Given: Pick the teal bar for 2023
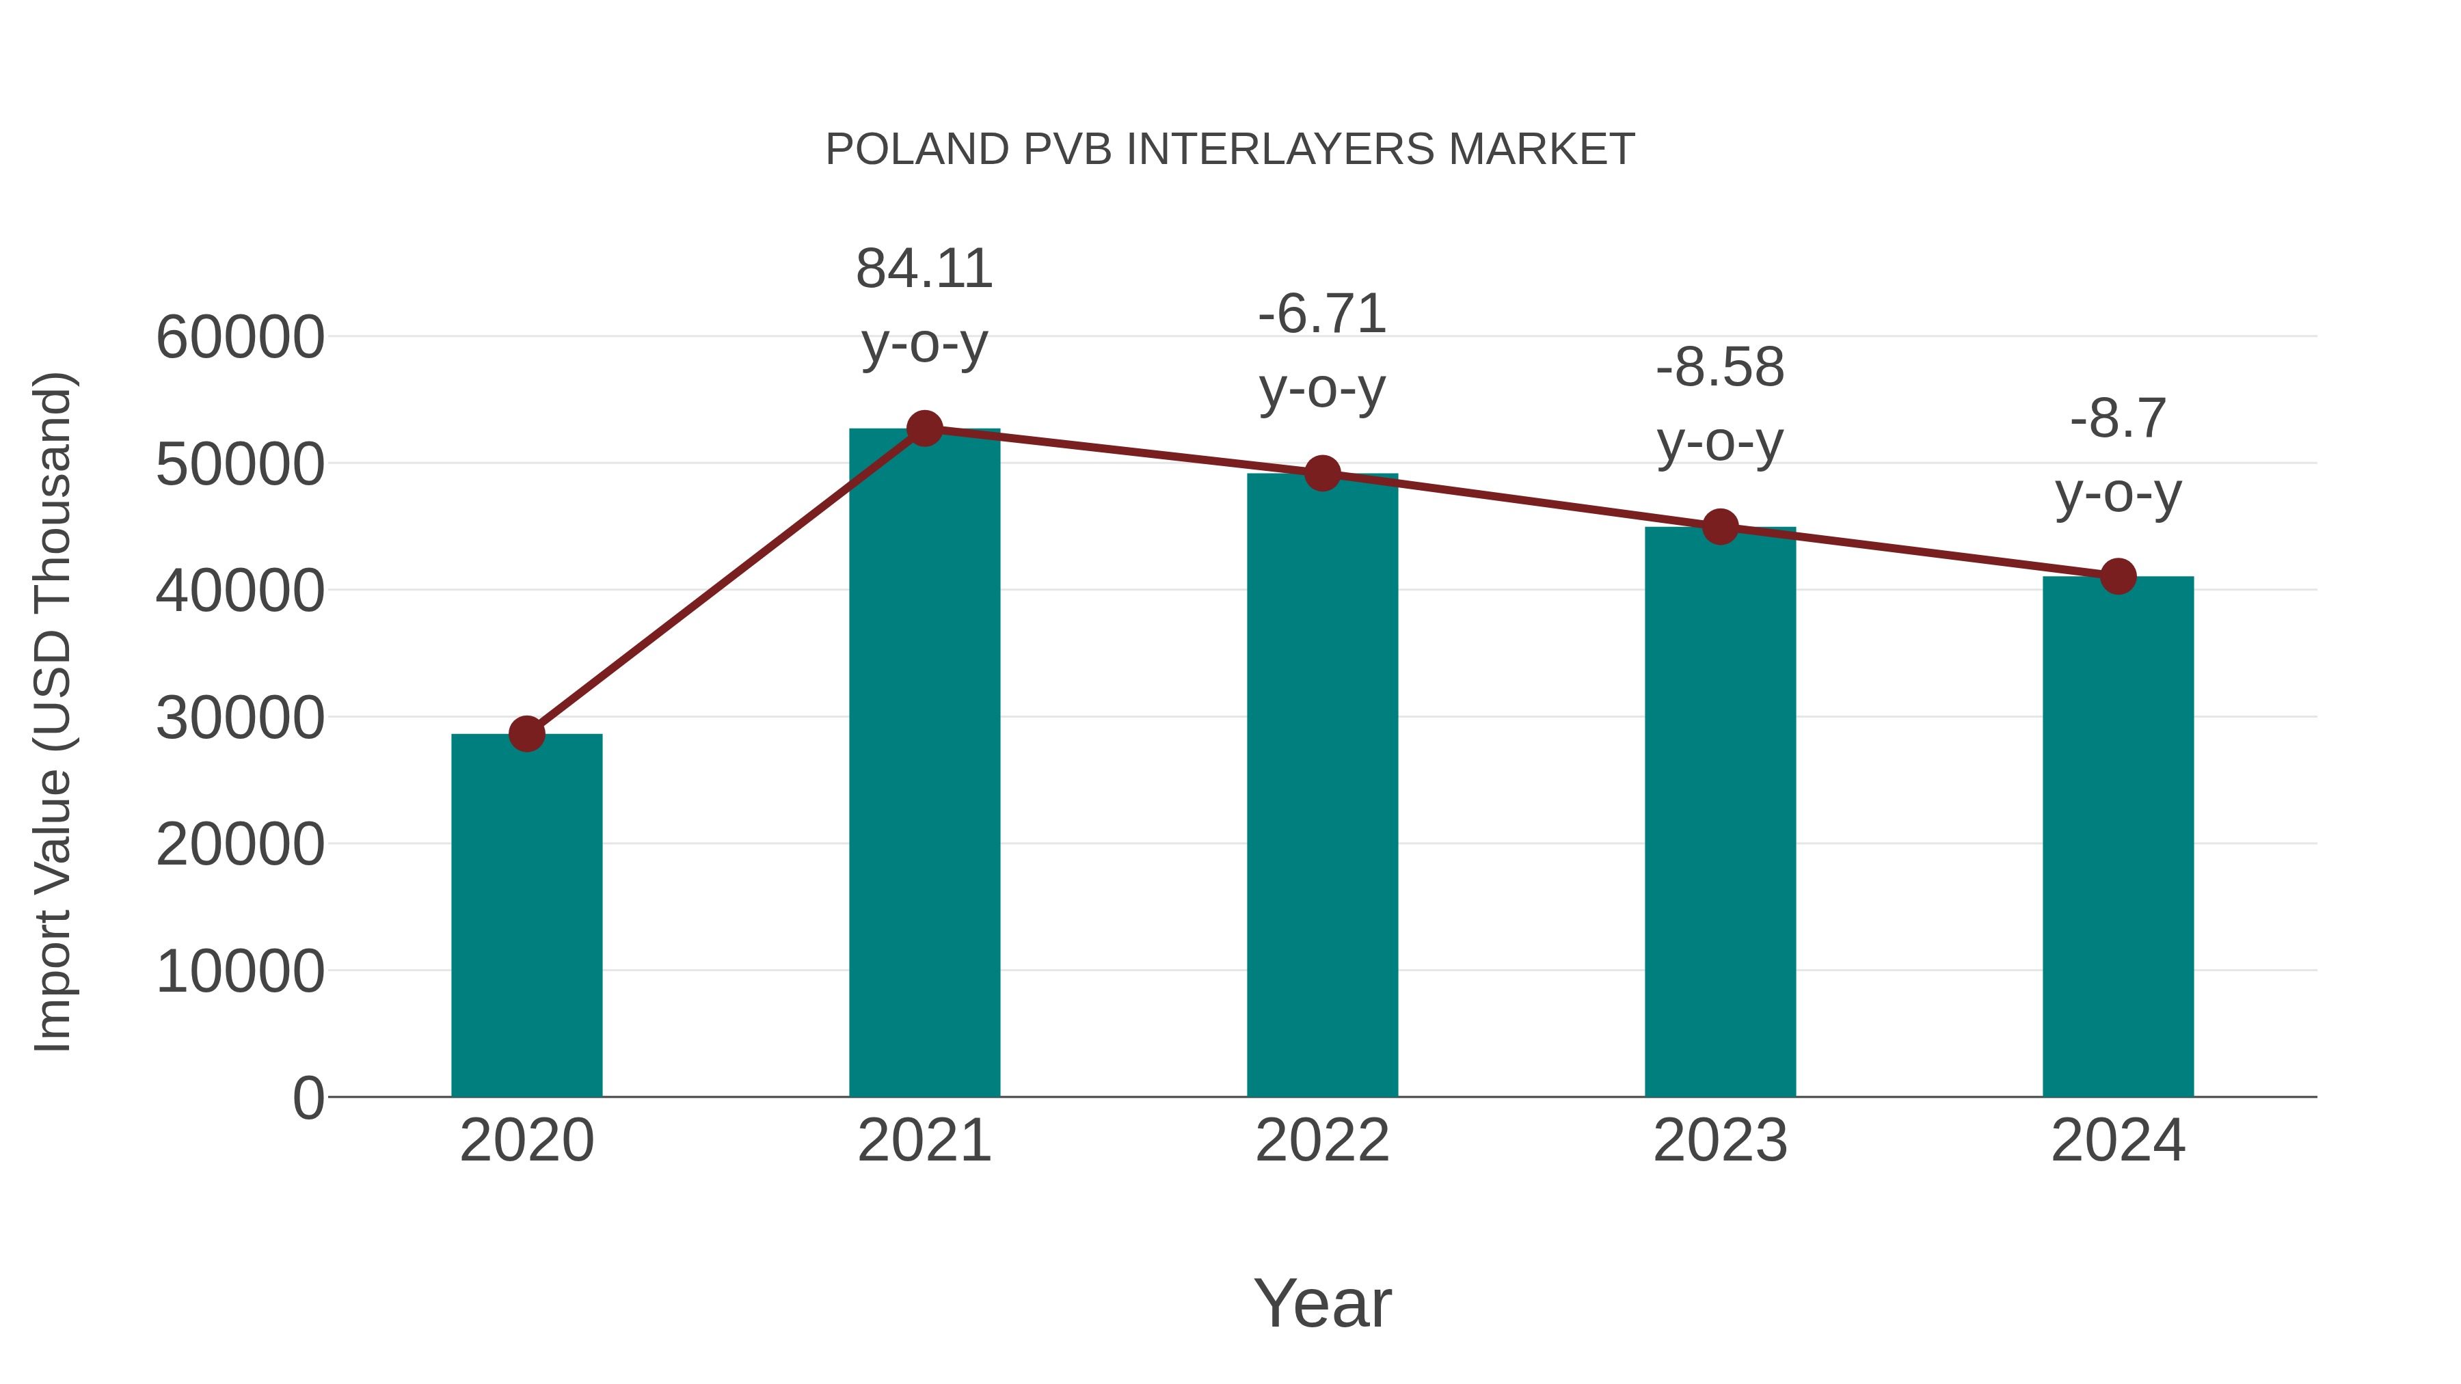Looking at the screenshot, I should pyautogui.click(x=1720, y=812).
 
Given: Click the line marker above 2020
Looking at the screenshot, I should pyautogui.click(x=526, y=733).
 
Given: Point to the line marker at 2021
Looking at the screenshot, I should pyautogui.click(x=924, y=429).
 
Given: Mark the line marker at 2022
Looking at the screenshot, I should pyautogui.click(x=1322, y=473).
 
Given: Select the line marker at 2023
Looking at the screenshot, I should pyautogui.click(x=1720, y=526).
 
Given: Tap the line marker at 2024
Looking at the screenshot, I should pyautogui.click(x=2118, y=576).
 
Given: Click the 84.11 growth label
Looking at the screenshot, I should pyautogui.click(x=924, y=269).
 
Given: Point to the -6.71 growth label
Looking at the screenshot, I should pyautogui.click(x=1322, y=314).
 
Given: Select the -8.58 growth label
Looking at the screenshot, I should pyautogui.click(x=1720, y=368).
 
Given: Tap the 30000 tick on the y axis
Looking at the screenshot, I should pyautogui.click(x=240, y=718).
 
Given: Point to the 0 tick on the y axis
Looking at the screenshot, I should pyautogui.click(x=308, y=1098).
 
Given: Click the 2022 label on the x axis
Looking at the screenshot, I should pyautogui.click(x=1322, y=1141).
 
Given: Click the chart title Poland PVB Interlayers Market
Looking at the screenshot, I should pyautogui.click(x=1230, y=150).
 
